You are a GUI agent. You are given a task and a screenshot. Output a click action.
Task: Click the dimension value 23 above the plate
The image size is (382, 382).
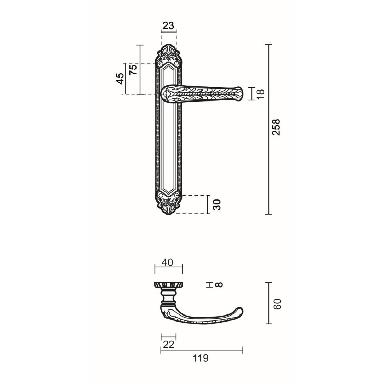point(168,25)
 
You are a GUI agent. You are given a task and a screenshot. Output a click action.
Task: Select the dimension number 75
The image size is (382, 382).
point(133,69)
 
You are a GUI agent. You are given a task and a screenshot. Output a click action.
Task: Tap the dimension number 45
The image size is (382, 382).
point(120,78)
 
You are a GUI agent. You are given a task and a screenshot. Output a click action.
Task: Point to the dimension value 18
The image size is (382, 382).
point(260,94)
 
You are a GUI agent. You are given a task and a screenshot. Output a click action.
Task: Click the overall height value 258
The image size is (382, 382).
point(276,127)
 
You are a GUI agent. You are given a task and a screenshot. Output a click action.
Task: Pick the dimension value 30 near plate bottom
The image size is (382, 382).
point(217,204)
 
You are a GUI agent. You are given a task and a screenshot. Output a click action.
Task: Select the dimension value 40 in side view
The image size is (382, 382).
point(167,262)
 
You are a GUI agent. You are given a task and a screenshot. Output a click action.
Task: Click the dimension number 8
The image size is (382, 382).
point(219,285)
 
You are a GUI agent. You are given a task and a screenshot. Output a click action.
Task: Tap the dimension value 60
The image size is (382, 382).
point(278,304)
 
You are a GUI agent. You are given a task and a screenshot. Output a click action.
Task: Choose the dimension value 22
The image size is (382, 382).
point(168,344)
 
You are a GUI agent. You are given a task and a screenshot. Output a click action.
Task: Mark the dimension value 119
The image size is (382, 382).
point(201,358)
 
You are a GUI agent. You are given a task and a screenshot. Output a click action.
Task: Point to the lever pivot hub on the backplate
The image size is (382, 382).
point(167,94)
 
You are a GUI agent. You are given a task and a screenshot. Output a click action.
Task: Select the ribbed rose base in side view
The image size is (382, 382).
point(168,284)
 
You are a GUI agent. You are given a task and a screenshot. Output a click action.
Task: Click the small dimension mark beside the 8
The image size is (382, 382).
point(209,285)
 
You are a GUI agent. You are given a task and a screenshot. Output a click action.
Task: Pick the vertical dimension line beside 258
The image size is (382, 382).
point(269,129)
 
